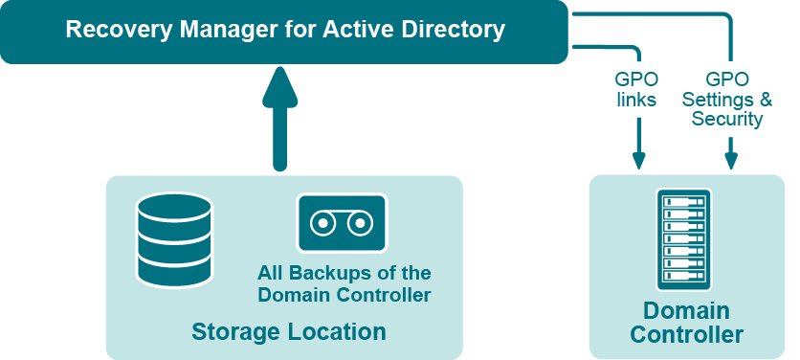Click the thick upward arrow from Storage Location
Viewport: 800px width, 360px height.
(x=279, y=120)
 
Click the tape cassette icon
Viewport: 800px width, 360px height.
(x=341, y=224)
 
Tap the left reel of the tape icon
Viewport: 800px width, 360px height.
(x=323, y=224)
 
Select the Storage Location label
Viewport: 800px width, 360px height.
(x=289, y=332)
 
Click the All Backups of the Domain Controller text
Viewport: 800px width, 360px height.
(x=344, y=284)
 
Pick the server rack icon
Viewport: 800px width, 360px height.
(x=684, y=239)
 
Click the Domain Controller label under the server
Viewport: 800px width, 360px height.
(x=686, y=323)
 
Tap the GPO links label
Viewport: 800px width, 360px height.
(x=636, y=89)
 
